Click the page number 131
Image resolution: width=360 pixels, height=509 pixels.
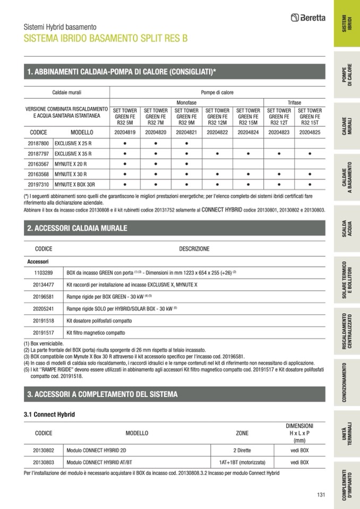click(x=320, y=495)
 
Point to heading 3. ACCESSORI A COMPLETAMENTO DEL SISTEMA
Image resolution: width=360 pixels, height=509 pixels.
click(x=102, y=394)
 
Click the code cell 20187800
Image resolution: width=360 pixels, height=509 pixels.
click(x=38, y=143)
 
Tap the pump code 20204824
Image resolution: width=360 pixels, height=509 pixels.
click(x=248, y=132)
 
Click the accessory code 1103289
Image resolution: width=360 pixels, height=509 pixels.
click(x=43, y=272)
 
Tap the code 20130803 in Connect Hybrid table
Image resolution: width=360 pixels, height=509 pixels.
click(x=44, y=462)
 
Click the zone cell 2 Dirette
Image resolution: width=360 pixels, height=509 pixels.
click(x=242, y=450)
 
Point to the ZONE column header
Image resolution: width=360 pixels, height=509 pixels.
click(x=242, y=433)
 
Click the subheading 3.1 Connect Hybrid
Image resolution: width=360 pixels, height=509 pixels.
click(x=49, y=414)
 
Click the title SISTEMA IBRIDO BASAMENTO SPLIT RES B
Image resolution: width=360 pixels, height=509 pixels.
click(x=106, y=39)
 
